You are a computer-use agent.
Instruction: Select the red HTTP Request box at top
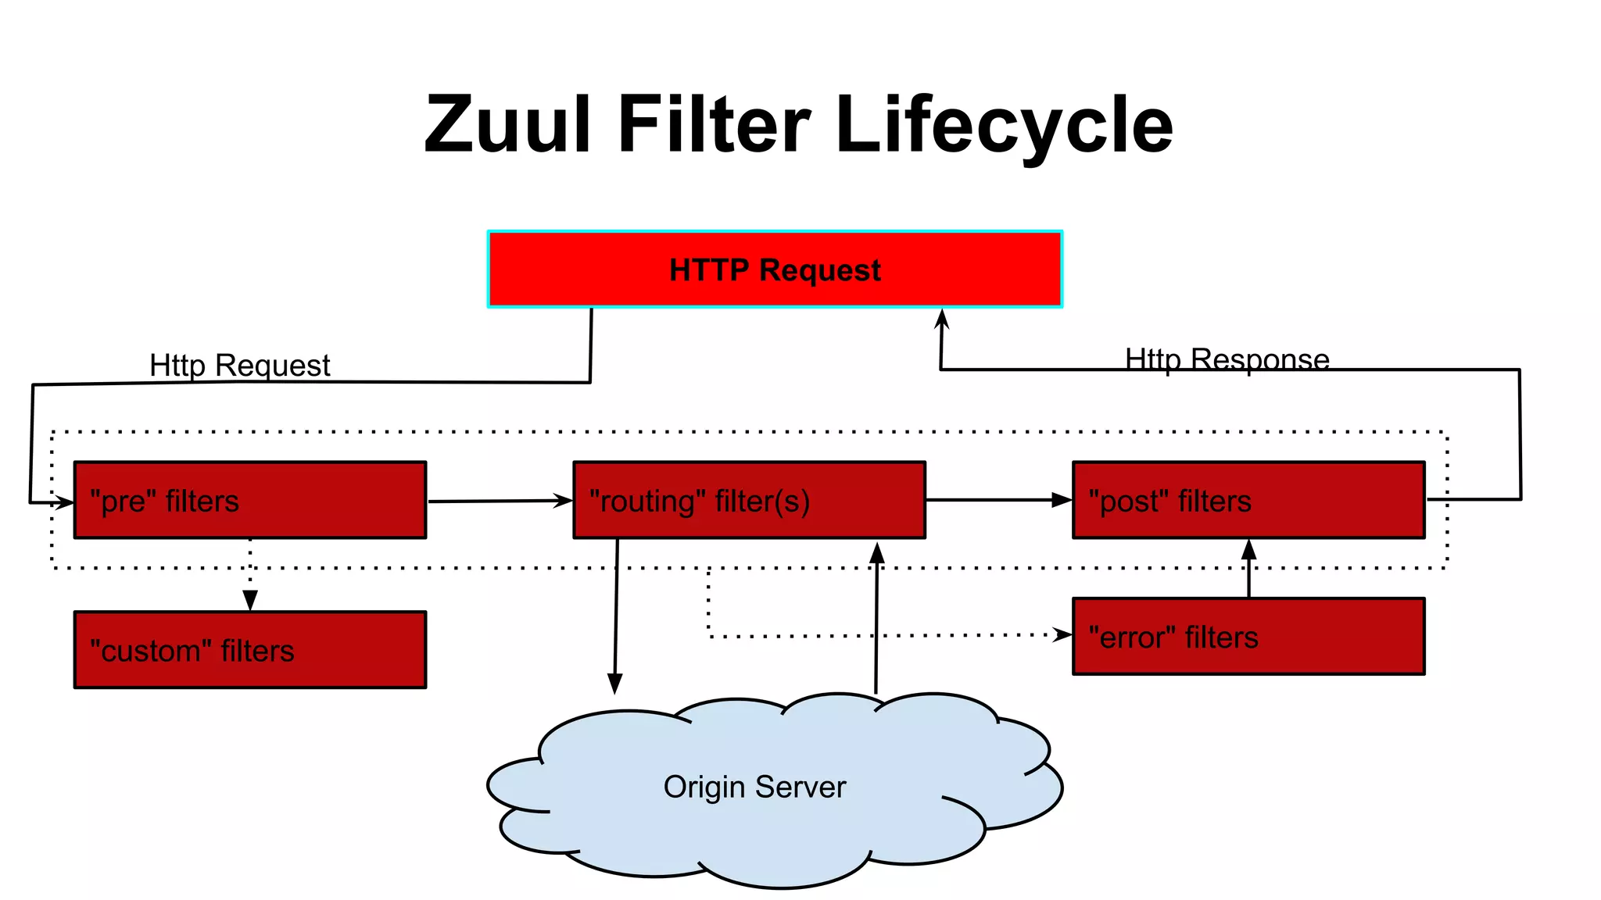click(x=775, y=270)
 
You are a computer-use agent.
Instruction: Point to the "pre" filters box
click(x=250, y=500)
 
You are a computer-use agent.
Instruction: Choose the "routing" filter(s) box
click(x=749, y=500)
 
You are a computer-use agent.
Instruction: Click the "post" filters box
click(x=1248, y=500)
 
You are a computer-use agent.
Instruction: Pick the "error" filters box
click(x=1248, y=637)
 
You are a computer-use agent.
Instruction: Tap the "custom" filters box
click(x=250, y=650)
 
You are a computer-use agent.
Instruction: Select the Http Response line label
click(x=1227, y=359)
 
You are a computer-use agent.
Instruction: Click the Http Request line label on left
click(x=239, y=366)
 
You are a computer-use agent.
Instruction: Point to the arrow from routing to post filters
click(x=998, y=500)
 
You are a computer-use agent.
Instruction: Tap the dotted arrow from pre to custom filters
click(x=250, y=574)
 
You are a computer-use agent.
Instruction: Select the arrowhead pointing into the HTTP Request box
click(x=942, y=318)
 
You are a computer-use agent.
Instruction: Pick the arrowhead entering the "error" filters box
click(x=1062, y=634)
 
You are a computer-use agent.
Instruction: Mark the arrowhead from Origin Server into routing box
click(x=877, y=552)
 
